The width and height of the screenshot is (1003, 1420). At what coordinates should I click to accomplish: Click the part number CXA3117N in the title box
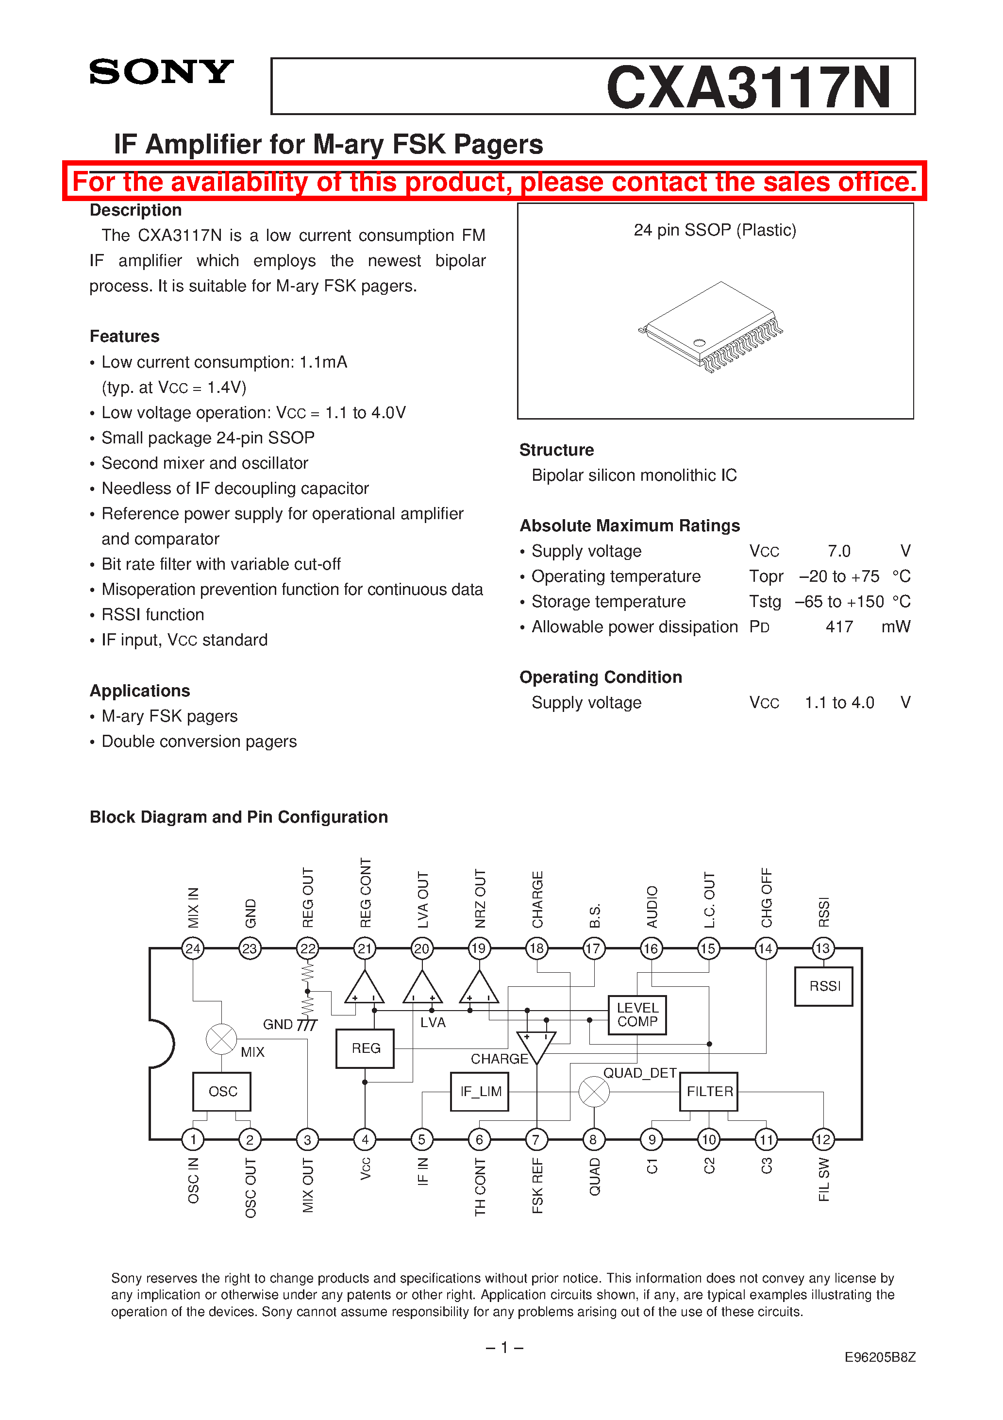(748, 87)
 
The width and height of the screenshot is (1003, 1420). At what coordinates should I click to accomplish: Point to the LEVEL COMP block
(637, 1015)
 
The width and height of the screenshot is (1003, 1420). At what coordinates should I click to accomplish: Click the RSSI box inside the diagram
(824, 986)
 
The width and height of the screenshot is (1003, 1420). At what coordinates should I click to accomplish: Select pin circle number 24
(193, 948)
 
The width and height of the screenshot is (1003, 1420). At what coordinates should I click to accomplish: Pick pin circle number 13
(823, 948)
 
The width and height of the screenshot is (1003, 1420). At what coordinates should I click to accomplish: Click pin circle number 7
(536, 1139)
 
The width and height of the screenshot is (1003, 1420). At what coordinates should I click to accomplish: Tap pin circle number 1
(193, 1139)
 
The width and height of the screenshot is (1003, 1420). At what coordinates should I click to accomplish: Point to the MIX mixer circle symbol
(221, 1039)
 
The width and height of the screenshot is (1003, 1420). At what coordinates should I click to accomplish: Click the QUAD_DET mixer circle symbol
(594, 1092)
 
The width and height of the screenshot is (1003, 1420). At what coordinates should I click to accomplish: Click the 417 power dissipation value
(839, 626)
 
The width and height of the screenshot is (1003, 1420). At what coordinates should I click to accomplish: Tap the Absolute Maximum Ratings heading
(630, 525)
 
